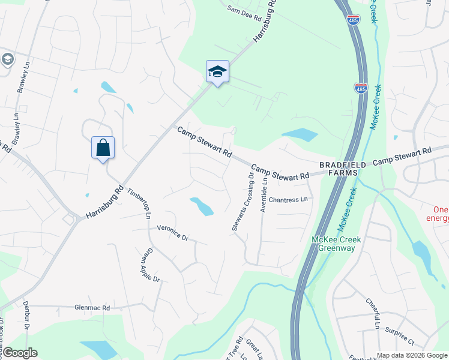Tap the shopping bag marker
pyautogui.click(x=103, y=148)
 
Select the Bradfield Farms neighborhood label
pyautogui.click(x=338, y=169)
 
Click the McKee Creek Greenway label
pyautogui.click(x=337, y=244)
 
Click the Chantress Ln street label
pyautogui.click(x=288, y=200)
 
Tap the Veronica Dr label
pyautogui.click(x=172, y=233)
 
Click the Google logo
pyautogui.click(x=20, y=353)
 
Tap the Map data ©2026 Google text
pyautogui.click(x=412, y=355)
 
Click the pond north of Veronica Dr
pyautogui.click(x=202, y=206)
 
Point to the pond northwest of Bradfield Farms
pyautogui.click(x=300, y=135)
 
